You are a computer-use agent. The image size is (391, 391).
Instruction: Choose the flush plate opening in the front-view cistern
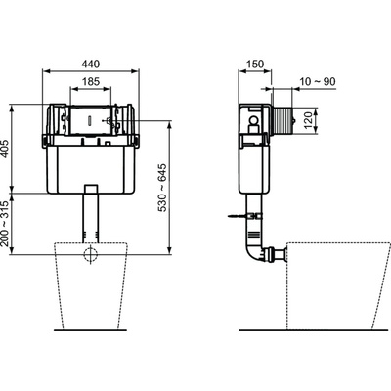pyautogui.click(x=90, y=121)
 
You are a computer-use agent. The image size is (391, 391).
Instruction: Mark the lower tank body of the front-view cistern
pyautogui.click(x=90, y=166)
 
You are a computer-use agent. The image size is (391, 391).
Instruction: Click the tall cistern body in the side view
pyautogui.click(x=252, y=156)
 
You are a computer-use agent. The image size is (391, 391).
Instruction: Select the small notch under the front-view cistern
pyautogui.click(x=91, y=188)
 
